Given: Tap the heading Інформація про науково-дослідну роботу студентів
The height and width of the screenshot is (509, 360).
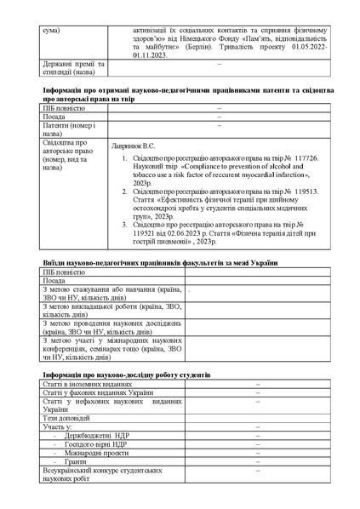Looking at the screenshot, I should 126,375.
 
